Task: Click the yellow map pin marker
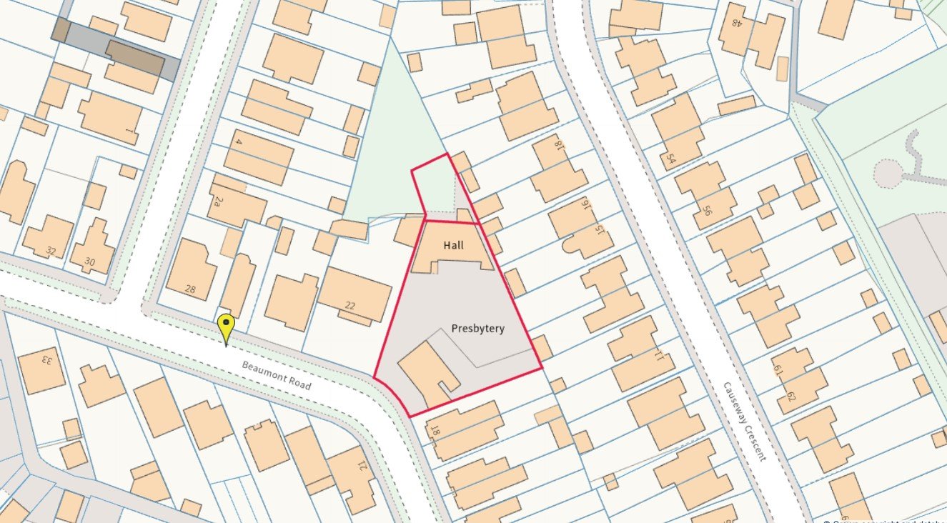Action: [226, 327]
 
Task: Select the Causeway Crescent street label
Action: [744, 421]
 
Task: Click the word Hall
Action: [453, 245]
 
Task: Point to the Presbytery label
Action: [477, 329]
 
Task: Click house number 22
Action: [350, 306]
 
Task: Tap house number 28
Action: [190, 289]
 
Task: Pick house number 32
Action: [50, 251]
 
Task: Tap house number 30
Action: [89, 262]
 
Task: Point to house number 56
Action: [708, 211]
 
